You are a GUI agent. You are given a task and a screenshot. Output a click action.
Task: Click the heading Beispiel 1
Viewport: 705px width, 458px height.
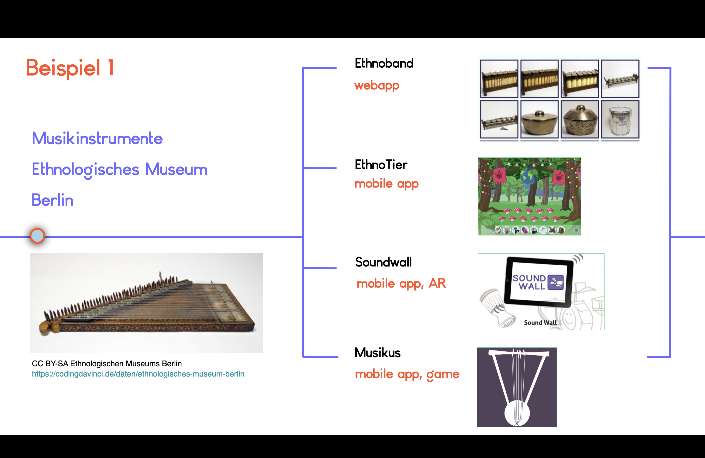pyautogui.click(x=70, y=68)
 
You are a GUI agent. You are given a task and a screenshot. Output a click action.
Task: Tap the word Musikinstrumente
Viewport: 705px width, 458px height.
pyautogui.click(x=97, y=138)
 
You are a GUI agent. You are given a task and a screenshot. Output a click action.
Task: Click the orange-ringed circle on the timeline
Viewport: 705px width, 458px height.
pyautogui.click(x=37, y=236)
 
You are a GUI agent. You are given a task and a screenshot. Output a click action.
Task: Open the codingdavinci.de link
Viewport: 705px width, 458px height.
pyautogui.click(x=138, y=374)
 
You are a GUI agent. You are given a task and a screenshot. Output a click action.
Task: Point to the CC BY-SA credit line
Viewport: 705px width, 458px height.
pyautogui.click(x=107, y=364)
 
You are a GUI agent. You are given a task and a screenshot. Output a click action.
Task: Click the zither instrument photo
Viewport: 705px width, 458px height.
pyautogui.click(x=146, y=303)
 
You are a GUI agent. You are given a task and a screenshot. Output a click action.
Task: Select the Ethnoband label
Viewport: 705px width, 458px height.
pyautogui.click(x=384, y=63)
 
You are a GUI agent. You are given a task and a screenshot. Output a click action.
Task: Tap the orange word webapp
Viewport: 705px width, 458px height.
pyautogui.click(x=377, y=86)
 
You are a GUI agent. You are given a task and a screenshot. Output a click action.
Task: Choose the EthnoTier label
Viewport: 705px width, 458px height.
pyautogui.click(x=381, y=164)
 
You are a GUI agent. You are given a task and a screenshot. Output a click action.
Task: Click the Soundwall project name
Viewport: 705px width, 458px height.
pyautogui.click(x=383, y=262)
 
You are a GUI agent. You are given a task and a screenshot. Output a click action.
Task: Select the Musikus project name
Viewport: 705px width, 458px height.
pyautogui.click(x=377, y=353)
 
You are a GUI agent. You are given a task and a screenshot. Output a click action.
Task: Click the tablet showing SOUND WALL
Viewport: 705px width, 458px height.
pyautogui.click(x=539, y=282)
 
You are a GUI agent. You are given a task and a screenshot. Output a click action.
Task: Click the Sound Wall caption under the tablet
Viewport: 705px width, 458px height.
pyautogui.click(x=540, y=323)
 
